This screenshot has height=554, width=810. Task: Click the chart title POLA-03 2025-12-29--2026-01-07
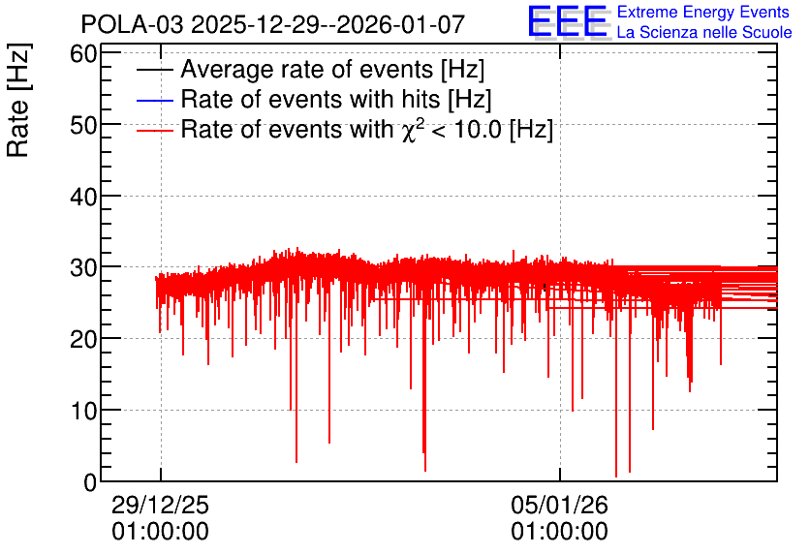coord(273,24)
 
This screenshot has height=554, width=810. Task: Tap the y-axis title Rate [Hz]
coord(18,100)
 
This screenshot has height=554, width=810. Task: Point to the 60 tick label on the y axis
coord(83,53)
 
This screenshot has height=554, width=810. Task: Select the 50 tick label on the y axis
coord(83,125)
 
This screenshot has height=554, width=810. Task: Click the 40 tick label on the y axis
coord(83,197)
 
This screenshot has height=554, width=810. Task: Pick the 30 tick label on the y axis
coord(83,268)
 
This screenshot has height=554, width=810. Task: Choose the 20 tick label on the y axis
coord(83,340)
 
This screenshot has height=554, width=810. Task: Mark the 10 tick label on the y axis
coord(83,412)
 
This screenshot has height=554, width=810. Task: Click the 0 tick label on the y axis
coord(90,482)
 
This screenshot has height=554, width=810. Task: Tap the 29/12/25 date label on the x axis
coord(160,505)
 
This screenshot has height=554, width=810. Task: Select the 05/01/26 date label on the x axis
coord(559,505)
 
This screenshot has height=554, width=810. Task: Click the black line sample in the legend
coord(155,70)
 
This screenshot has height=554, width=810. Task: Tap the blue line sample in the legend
coord(155,100)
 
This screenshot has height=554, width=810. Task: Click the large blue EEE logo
coord(568,21)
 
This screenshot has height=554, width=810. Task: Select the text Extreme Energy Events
coord(703,12)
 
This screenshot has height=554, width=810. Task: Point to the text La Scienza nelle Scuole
coord(704,32)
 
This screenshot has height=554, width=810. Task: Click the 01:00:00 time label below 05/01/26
coord(559,532)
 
